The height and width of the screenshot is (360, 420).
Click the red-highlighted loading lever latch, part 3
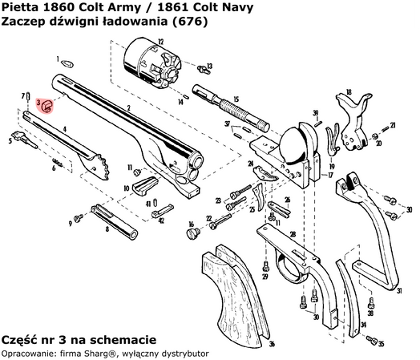click(x=46, y=105)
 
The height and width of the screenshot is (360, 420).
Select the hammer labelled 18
click(x=353, y=112)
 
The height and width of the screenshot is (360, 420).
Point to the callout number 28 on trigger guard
click(x=293, y=233)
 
